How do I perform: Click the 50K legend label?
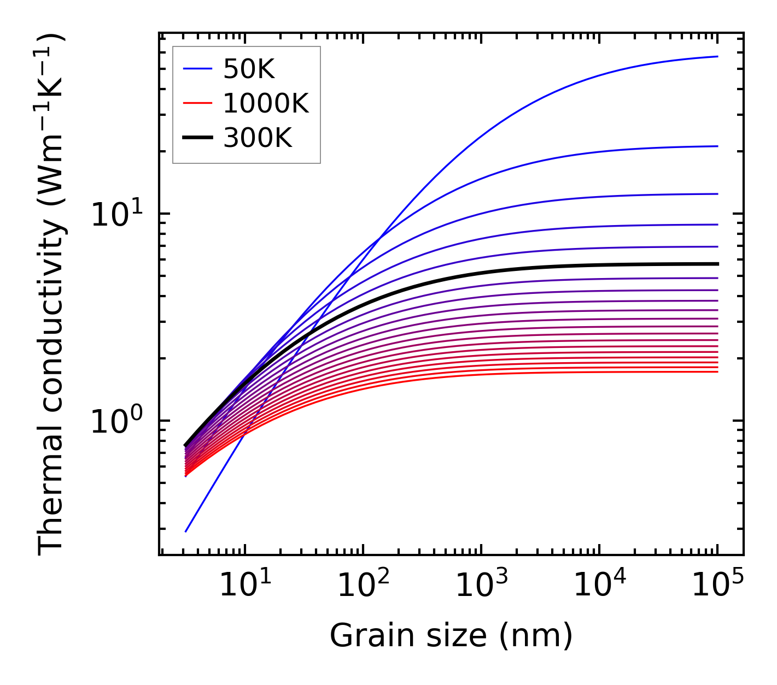click(249, 69)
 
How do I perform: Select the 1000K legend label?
click(266, 104)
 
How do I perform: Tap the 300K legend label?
click(258, 139)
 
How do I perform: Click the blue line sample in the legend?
click(197, 69)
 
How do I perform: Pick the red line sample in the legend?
click(197, 103)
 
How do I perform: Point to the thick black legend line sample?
click(197, 138)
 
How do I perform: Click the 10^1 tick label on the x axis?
click(244, 585)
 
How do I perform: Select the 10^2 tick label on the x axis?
click(363, 585)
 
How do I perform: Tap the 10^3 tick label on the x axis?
click(481, 585)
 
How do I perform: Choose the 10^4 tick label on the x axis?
click(599, 585)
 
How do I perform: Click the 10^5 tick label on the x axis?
click(717, 585)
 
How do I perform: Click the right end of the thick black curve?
click(717, 264)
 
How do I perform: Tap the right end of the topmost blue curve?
click(717, 56)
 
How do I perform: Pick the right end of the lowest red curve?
click(717, 372)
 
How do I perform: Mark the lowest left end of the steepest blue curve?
click(186, 532)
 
